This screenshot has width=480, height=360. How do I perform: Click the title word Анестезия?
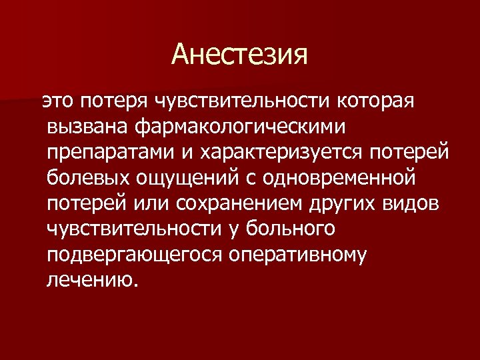(240, 54)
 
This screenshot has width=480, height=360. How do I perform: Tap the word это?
(59, 101)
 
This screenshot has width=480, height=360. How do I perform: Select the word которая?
(376, 101)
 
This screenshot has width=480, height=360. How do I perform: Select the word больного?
(291, 229)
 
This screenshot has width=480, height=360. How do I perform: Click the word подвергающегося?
(134, 255)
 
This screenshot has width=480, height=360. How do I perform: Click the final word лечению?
(90, 280)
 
